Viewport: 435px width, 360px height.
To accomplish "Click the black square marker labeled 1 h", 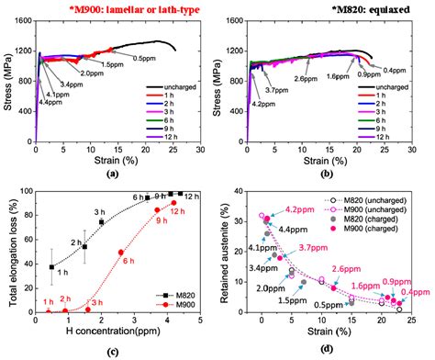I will pos(51,266).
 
